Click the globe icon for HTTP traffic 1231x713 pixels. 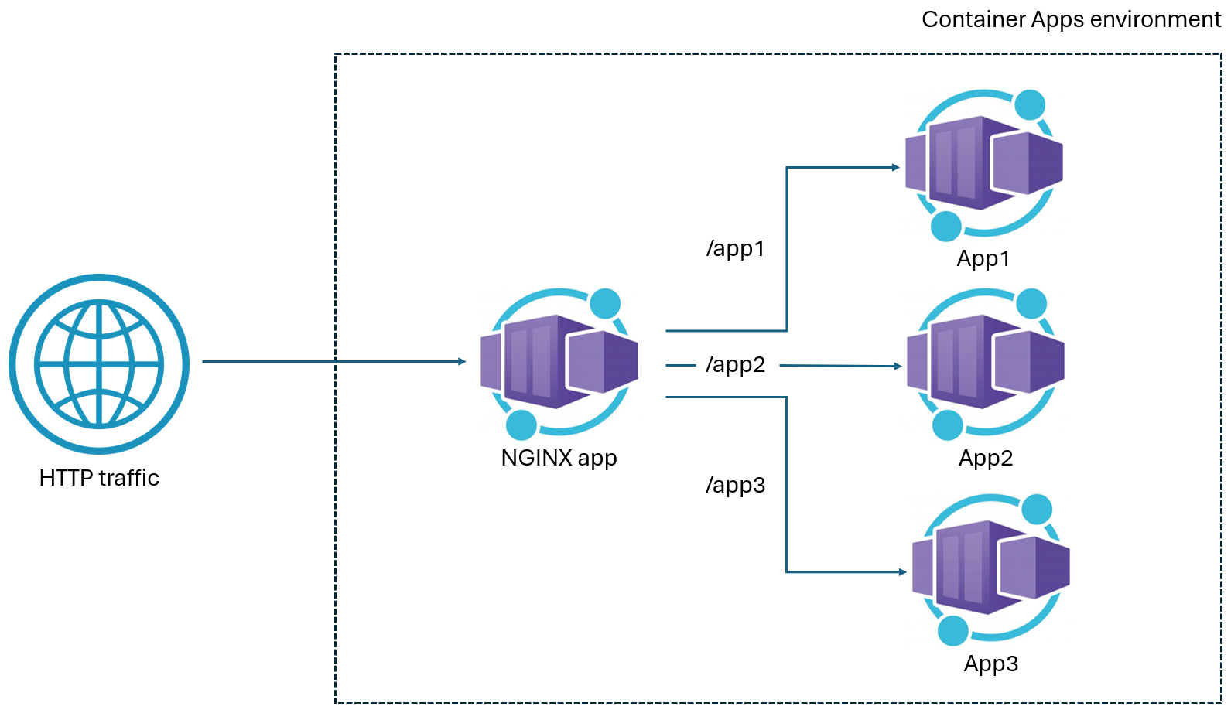pos(99,363)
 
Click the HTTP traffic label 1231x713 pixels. pos(99,478)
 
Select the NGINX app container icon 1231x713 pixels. pos(559,362)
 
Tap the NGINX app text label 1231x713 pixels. pos(559,458)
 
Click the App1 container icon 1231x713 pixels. pos(983,163)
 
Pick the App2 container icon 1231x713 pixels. pos(985,362)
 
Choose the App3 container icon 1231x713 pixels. pos(990,568)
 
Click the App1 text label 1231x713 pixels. pos(983,258)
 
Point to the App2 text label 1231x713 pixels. pos(986,458)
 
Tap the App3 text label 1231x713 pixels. pos(991,664)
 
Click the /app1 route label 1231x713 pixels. pos(735,248)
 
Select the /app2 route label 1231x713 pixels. pos(735,364)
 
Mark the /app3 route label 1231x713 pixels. pos(735,485)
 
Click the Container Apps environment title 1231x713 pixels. pos(1071,19)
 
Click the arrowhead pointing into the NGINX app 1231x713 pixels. pos(462,361)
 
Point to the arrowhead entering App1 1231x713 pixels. pos(896,167)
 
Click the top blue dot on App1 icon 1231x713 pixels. pos(1030,105)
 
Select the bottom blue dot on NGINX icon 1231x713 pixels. pos(521,425)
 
